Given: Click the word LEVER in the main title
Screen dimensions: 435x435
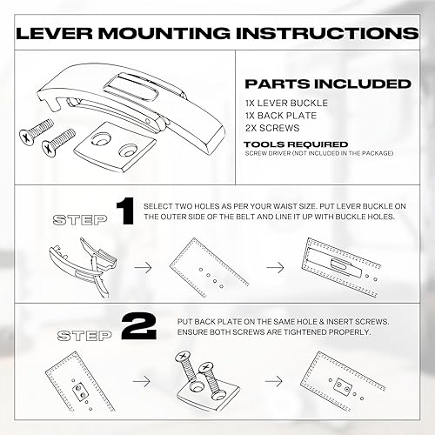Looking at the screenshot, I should point(61,32).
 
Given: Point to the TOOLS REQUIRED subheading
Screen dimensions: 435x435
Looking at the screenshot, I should point(296,144).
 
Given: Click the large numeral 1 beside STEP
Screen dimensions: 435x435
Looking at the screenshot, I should point(124,211).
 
